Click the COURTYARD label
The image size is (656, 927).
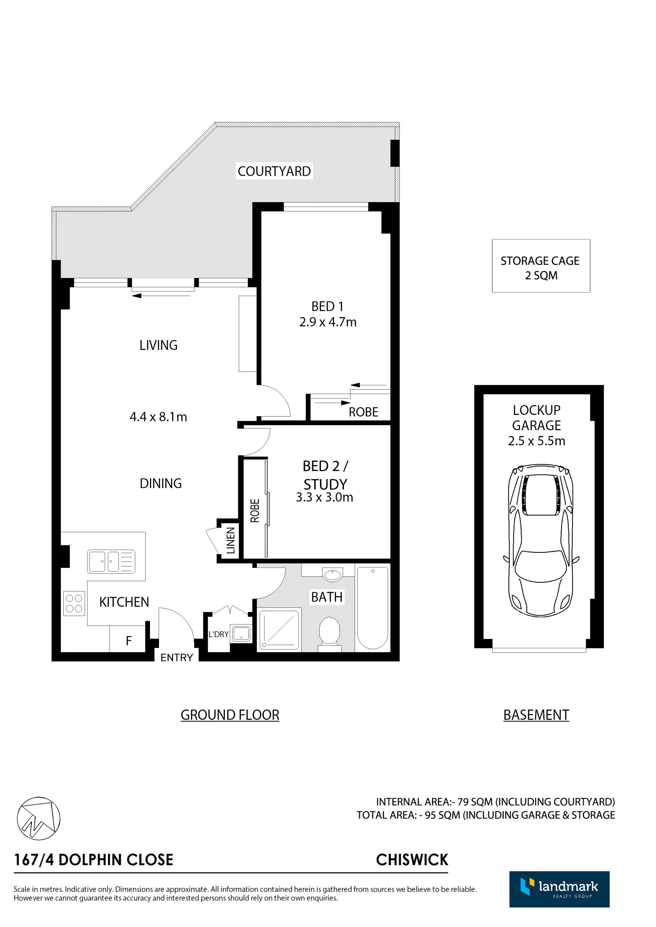tap(274, 171)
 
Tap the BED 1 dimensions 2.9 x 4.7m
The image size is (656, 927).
tap(328, 322)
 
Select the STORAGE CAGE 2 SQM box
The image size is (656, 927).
tap(541, 266)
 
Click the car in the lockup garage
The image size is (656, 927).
tap(541, 540)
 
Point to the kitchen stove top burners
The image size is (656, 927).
tap(74, 603)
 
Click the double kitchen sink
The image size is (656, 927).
tap(111, 561)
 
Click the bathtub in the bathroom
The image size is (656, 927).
tap(372, 608)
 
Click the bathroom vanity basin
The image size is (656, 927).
tap(332, 574)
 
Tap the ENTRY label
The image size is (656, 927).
tap(177, 658)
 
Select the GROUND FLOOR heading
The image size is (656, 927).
tap(230, 715)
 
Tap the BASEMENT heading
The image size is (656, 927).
tap(536, 715)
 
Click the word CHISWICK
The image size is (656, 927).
tap(412, 860)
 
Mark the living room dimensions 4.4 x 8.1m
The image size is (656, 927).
tap(158, 417)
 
